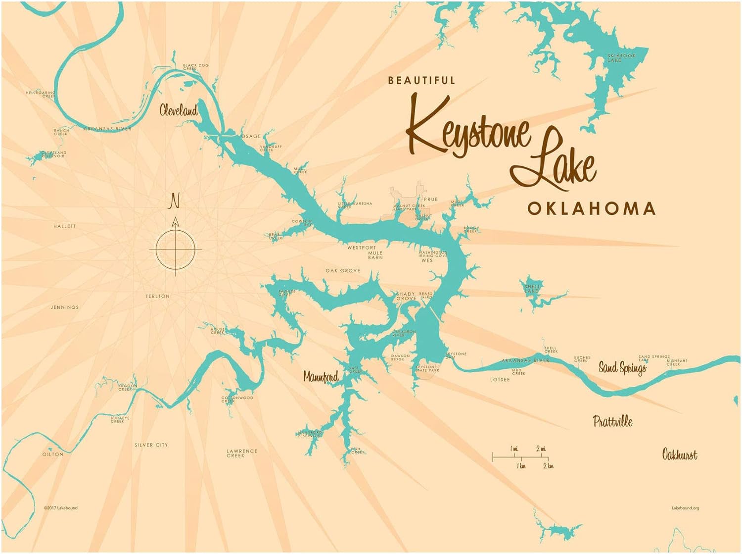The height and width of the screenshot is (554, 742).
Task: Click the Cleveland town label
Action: click(179, 110)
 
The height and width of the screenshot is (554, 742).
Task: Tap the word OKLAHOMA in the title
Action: click(591, 208)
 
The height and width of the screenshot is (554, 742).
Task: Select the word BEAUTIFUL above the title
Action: click(421, 80)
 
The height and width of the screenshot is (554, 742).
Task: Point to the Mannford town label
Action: click(321, 377)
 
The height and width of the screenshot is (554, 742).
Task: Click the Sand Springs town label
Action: click(622, 367)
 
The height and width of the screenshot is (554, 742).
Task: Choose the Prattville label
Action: click(612, 422)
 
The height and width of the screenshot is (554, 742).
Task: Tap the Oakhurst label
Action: click(680, 454)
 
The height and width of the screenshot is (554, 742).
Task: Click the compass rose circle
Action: click(175, 250)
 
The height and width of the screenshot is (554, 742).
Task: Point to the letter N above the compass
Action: click(174, 201)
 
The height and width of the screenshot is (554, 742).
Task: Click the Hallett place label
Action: click(65, 226)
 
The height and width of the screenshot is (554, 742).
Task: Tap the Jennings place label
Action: click(65, 307)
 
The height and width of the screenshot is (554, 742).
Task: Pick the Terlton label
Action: click(158, 296)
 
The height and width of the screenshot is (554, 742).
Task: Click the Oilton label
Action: click(53, 454)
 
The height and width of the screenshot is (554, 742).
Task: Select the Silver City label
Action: click(151, 445)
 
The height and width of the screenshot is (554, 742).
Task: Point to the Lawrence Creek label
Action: click(242, 453)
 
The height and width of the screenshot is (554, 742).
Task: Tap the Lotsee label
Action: click(500, 380)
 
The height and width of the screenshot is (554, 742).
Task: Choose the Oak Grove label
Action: click(343, 271)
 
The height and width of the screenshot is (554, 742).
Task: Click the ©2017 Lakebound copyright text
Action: click(60, 507)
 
